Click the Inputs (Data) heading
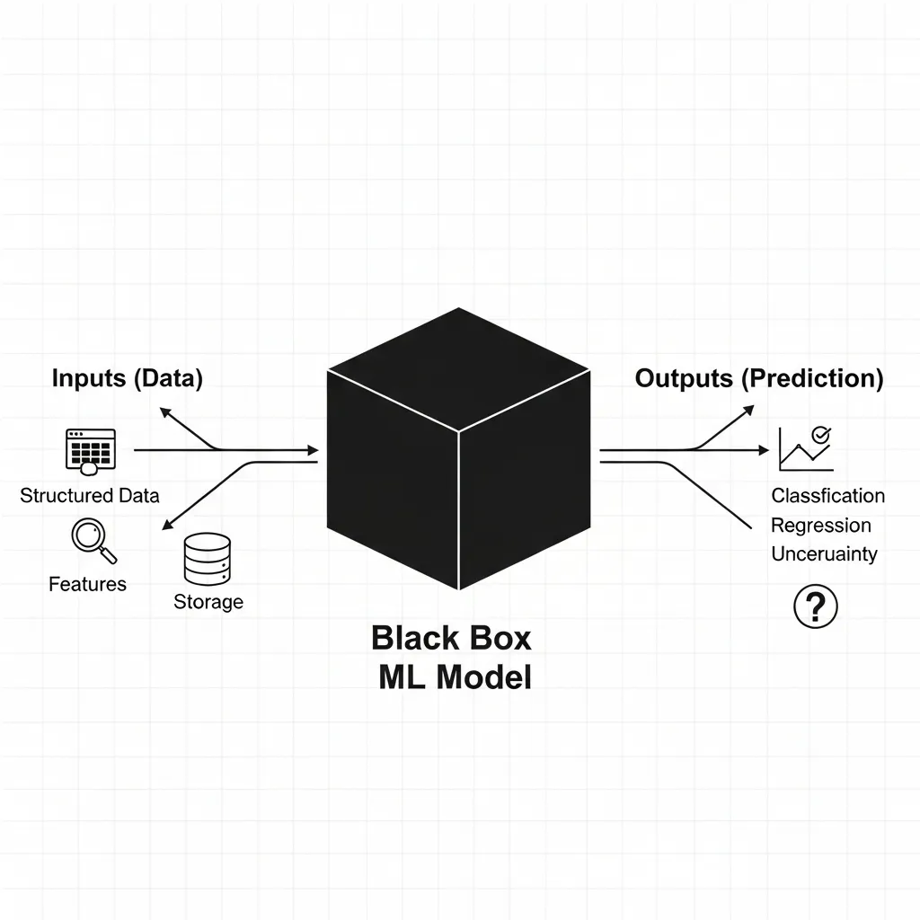click(128, 378)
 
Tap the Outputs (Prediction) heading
click(759, 378)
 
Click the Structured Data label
click(90, 495)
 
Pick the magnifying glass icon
click(93, 540)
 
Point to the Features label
click(87, 584)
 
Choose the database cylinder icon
click(207, 558)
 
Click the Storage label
click(208, 602)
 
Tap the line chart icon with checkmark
click(807, 448)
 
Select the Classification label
click(827, 496)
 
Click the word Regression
click(821, 525)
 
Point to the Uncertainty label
click(824, 553)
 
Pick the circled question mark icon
click(816, 608)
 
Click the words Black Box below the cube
click(451, 638)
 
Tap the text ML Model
click(455, 677)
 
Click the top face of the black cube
click(459, 368)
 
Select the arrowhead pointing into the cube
click(312, 450)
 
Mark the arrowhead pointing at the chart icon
click(764, 450)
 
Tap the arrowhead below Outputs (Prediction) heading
click(748, 410)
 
